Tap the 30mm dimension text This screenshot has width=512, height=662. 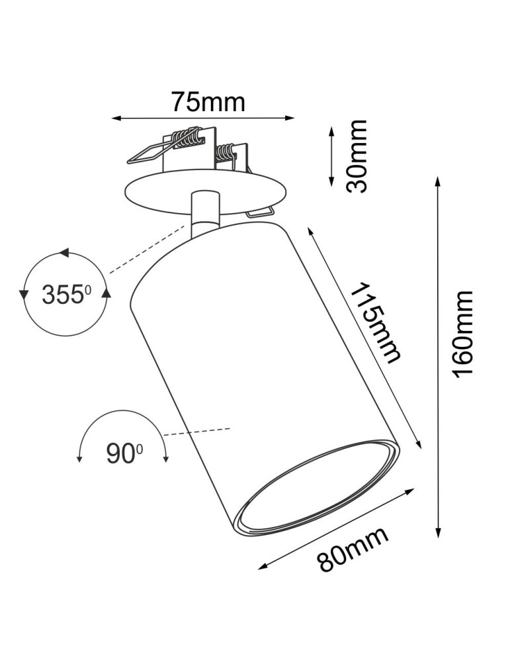click(x=357, y=156)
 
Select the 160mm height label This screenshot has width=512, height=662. click(x=462, y=334)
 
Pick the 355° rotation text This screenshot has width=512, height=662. click(x=65, y=293)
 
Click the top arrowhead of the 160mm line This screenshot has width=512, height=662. click(x=437, y=182)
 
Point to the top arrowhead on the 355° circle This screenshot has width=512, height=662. click(x=64, y=253)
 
